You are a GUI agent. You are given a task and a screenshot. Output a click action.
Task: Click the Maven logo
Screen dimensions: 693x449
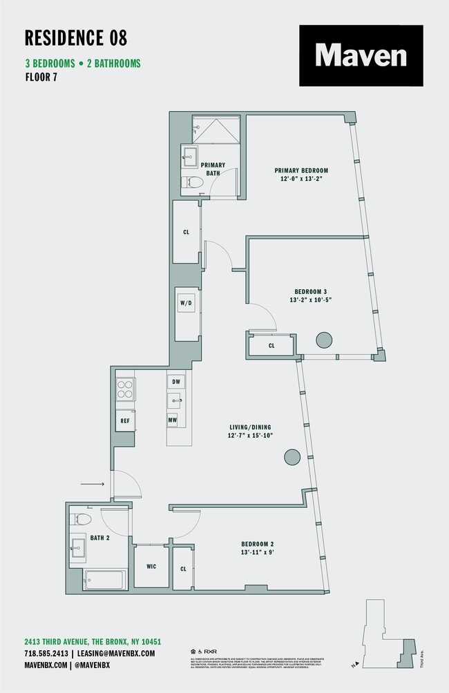coord(361,55)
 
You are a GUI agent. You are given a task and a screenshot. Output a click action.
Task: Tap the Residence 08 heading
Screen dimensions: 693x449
coord(76,37)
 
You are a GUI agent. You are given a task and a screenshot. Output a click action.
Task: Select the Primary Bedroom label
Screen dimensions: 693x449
coord(300,170)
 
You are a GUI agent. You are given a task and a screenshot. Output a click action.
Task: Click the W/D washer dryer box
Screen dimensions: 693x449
coord(186,303)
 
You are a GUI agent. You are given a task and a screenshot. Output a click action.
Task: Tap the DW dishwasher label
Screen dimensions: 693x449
coord(175,381)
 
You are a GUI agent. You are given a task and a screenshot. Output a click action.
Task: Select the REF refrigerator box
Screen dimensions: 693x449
coord(125,420)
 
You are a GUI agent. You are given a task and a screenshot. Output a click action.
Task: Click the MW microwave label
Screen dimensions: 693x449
coord(172,420)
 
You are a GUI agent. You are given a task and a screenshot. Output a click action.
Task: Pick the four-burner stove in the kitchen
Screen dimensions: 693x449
coord(125,390)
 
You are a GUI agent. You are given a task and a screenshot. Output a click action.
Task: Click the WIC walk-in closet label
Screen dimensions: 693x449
coord(151,567)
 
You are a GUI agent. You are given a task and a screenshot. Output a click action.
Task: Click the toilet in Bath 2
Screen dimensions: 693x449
coord(82,519)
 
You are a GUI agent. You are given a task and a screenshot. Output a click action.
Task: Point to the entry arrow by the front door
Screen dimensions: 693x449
coord(92,485)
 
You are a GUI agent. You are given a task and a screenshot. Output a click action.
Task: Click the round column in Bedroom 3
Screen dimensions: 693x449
coord(324,340)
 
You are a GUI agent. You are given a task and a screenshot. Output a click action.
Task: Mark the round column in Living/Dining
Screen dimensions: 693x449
coord(292,456)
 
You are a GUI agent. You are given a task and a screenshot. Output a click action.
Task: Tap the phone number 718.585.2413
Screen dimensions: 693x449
coord(46,653)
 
